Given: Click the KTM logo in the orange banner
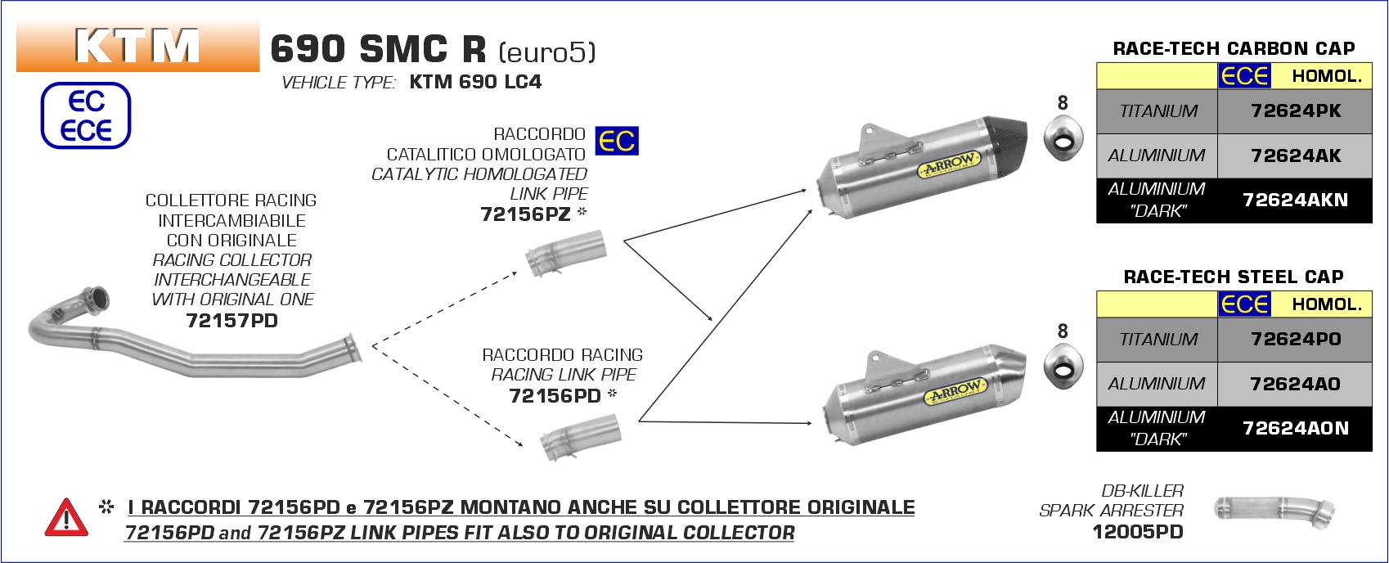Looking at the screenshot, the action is pos(137,46).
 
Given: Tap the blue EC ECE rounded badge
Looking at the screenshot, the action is pos(86,115).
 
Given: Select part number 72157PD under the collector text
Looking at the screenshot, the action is pos(232,321).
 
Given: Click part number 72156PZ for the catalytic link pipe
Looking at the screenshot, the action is pos(525,214).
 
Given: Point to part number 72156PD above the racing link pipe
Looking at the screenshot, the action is pos(555,395).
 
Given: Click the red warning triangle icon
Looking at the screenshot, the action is pos(66,518).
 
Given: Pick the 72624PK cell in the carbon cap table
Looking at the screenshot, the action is pos(1296,111).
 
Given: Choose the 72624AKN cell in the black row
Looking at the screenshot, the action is pos(1296,200).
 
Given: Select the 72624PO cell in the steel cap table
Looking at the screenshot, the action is pos(1296,339).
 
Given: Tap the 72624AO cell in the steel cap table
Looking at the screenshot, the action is pos(1296,384).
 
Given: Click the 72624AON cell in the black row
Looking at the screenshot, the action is pos(1296,429).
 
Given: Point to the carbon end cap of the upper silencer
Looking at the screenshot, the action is pos(1005,142).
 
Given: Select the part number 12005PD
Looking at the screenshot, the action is pos(1137,532).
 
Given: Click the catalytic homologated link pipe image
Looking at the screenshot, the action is pos(565,254).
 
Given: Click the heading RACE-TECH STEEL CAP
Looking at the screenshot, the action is pos(1234,277).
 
